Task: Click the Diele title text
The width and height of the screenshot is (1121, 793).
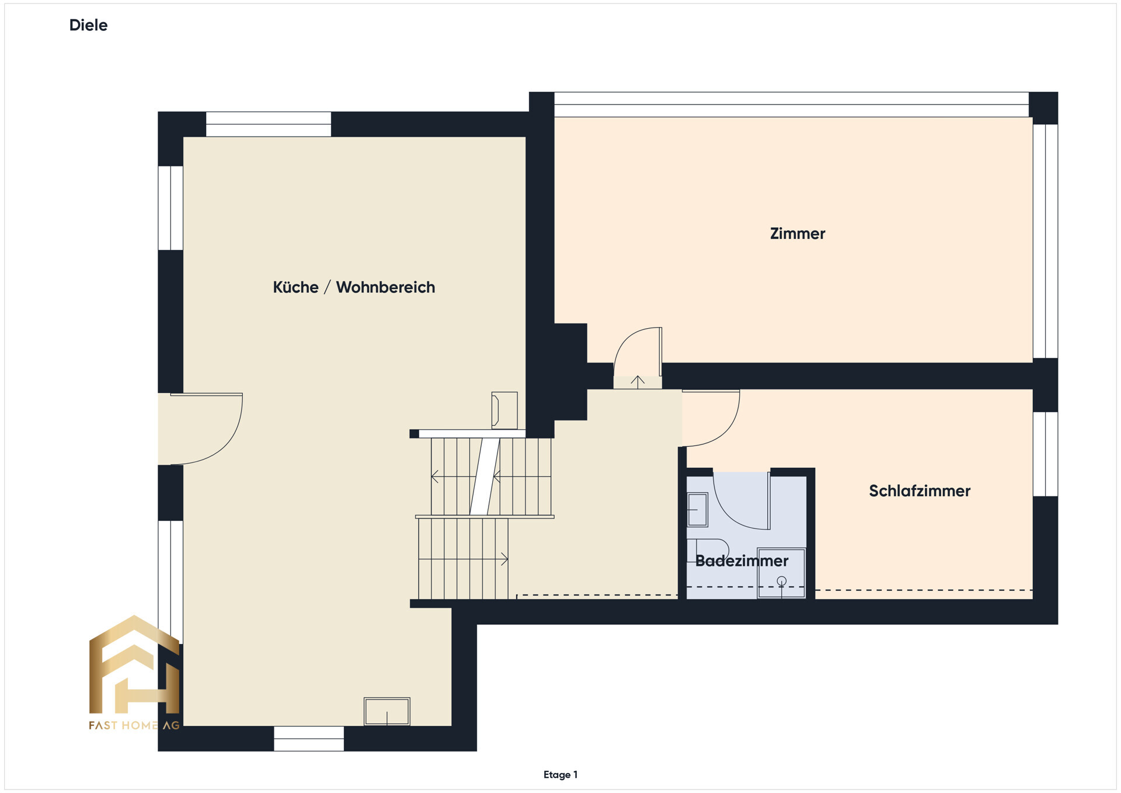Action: pyautogui.click(x=88, y=25)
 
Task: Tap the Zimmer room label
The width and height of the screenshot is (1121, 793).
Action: pyautogui.click(x=797, y=234)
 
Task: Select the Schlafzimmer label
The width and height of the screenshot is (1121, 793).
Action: pyautogui.click(x=919, y=491)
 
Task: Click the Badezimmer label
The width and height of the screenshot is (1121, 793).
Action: pyautogui.click(x=741, y=561)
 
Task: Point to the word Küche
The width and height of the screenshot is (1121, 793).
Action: pyautogui.click(x=295, y=287)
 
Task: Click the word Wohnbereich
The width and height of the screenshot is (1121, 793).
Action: pyautogui.click(x=385, y=287)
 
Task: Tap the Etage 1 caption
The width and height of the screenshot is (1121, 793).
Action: pyautogui.click(x=560, y=775)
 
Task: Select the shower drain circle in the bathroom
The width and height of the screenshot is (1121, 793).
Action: pyautogui.click(x=781, y=581)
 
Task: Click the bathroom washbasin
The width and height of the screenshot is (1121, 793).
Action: pyautogui.click(x=697, y=509)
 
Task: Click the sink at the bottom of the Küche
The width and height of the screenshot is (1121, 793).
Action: pyautogui.click(x=387, y=711)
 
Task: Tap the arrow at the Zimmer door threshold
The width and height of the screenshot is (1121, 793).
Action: pyautogui.click(x=638, y=382)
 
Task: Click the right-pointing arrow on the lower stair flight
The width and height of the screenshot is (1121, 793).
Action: pyautogui.click(x=503, y=559)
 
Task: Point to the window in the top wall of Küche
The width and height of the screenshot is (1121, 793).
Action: pyautogui.click(x=268, y=124)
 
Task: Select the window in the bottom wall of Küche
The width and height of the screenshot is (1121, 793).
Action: pyautogui.click(x=308, y=738)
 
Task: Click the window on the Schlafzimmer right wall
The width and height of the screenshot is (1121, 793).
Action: pyautogui.click(x=1045, y=454)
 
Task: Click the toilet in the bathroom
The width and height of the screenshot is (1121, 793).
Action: pyautogui.click(x=709, y=549)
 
